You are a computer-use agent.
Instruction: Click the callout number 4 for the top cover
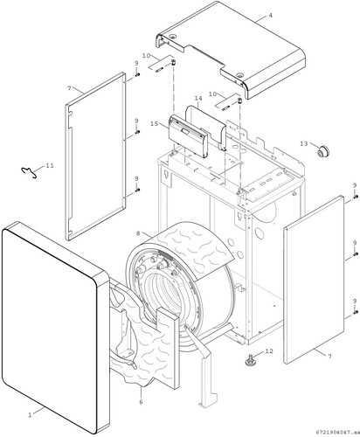pos(270,15)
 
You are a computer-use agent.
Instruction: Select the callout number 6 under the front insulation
pos(141,402)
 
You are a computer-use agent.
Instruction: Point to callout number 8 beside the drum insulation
pos(138,233)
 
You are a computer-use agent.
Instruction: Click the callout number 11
pos(50,165)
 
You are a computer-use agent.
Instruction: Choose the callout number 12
pos(269,351)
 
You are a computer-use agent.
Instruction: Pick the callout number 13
pos(304,143)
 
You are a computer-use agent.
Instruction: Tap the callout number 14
pos(198,99)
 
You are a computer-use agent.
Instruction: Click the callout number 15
pos(155,124)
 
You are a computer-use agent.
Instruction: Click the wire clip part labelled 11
pos(29,172)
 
